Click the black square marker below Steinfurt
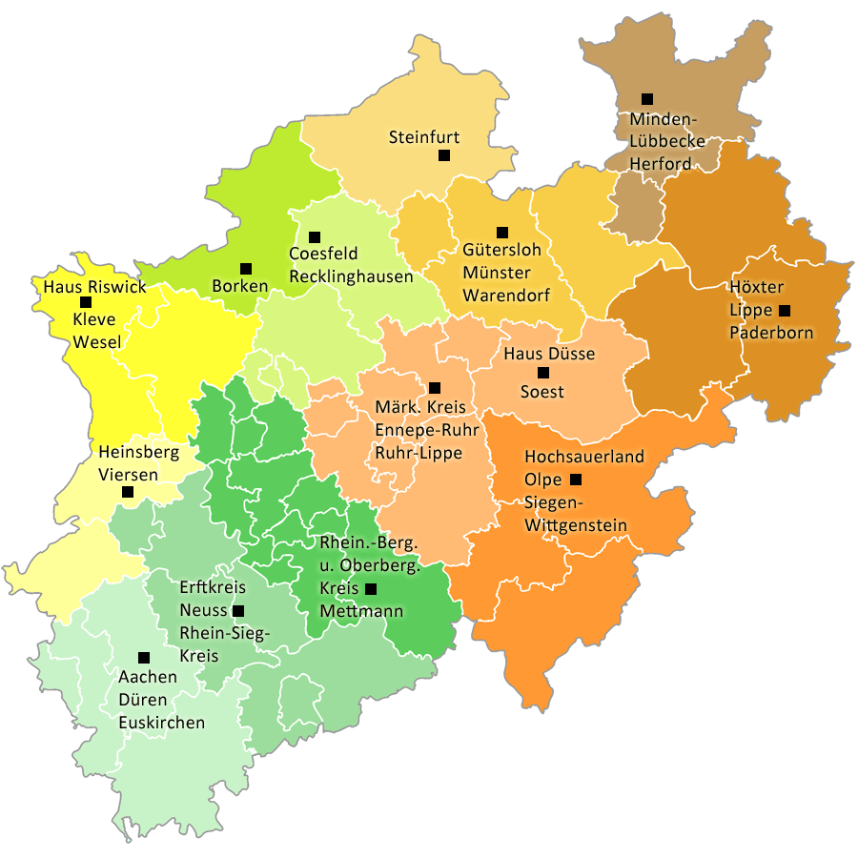point(444,155)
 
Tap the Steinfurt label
point(424,138)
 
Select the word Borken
point(240,286)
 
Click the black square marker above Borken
point(246,269)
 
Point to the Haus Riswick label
point(95,286)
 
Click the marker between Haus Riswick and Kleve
point(86,302)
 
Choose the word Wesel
point(96,342)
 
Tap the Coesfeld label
point(323,255)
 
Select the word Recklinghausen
point(351,276)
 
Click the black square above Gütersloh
point(502,233)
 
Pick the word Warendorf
point(506,295)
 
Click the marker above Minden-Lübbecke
point(647,99)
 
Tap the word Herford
point(661,163)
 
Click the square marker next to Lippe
point(785,311)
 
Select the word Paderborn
point(771,333)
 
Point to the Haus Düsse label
point(549,354)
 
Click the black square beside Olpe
point(576,480)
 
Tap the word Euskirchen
point(162,723)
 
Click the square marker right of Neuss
point(238,610)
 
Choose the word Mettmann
point(361,611)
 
